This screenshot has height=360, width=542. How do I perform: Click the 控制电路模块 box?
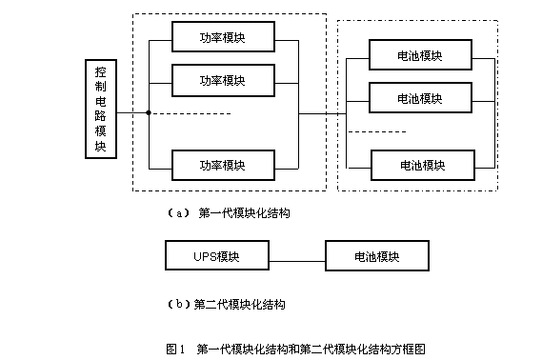(x=101, y=109)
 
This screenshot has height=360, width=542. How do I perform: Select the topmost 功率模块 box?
(x=223, y=36)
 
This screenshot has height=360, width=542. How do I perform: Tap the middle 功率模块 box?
(x=223, y=80)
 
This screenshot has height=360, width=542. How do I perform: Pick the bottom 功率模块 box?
(x=223, y=165)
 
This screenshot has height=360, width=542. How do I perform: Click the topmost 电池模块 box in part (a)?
(x=420, y=55)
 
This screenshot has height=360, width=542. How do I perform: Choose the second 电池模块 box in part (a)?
(x=420, y=98)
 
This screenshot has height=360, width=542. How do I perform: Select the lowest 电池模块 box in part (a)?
(x=423, y=165)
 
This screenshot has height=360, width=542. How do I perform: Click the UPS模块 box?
(x=217, y=255)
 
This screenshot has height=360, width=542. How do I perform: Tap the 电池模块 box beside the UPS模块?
(x=377, y=255)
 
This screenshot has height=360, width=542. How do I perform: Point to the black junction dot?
(x=149, y=112)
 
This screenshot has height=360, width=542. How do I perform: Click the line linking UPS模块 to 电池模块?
(x=297, y=261)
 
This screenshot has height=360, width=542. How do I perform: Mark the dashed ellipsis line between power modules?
(x=192, y=113)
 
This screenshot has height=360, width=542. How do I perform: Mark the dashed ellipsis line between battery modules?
(x=377, y=131)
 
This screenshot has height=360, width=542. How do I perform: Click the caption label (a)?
(x=178, y=213)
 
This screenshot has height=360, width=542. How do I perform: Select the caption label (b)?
(x=179, y=304)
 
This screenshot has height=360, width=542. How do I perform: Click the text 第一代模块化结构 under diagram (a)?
(x=244, y=213)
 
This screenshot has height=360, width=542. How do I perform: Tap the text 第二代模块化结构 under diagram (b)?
(x=239, y=305)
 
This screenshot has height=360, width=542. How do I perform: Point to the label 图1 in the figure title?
(x=175, y=349)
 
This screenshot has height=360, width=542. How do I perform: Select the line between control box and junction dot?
(x=131, y=112)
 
